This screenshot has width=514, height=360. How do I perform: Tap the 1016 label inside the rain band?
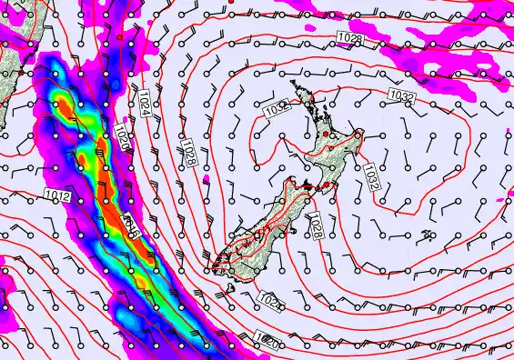click(128, 228)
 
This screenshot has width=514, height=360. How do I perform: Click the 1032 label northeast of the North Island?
click(402, 95)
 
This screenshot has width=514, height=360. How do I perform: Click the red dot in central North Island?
click(326, 135)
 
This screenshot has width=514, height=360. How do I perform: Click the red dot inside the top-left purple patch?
click(118, 39)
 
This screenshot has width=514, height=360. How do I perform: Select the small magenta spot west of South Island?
click(207, 180)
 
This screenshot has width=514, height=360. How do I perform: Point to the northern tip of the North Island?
click(293, 82)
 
